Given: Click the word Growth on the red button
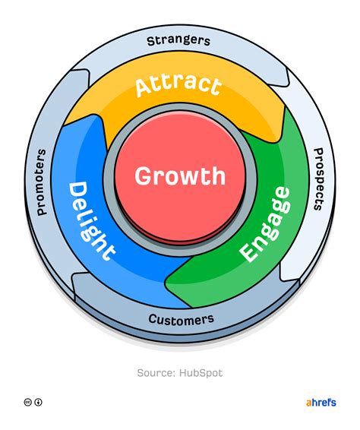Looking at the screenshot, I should coord(180,176).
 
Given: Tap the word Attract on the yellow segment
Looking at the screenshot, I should coord(178,86).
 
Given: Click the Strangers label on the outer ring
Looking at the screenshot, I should coord(179,40).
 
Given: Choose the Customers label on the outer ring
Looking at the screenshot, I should coord(181,319).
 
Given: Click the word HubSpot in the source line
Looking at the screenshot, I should coord(203,373).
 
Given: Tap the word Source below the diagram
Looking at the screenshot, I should coord(155,373).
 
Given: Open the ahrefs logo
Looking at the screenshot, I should coord(320,402).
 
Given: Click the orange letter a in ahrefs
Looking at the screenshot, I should coord(308,403).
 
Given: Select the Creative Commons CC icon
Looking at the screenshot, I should coord(27,403).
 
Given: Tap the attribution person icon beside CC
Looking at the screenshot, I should coord(39,403).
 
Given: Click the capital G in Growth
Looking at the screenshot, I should coord(144,176).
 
